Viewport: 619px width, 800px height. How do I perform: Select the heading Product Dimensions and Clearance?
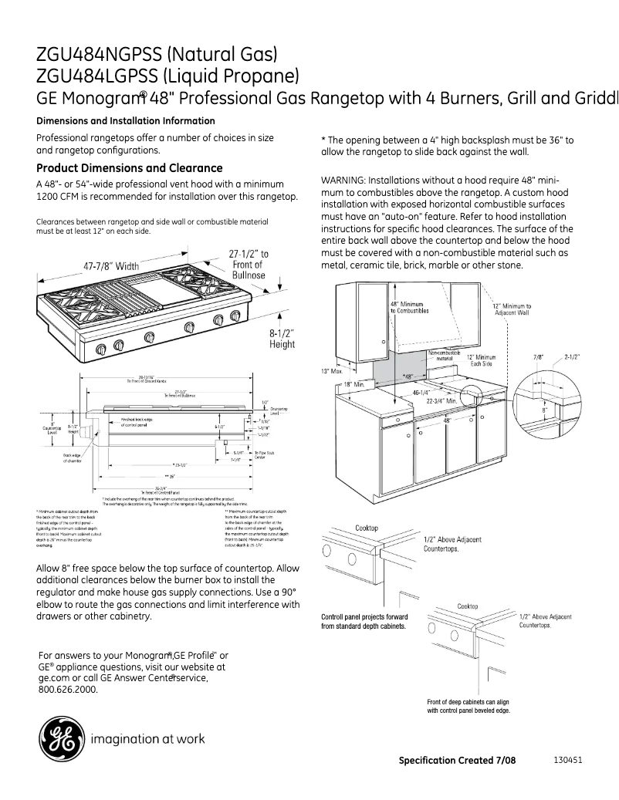[x=130, y=168]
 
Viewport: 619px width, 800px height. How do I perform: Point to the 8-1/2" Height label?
[x=282, y=339]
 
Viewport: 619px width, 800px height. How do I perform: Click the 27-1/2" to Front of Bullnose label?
[x=249, y=264]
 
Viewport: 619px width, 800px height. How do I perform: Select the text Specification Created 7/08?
[x=457, y=760]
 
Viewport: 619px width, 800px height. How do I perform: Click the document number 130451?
[x=567, y=759]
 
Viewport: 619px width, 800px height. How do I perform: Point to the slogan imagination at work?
[x=148, y=739]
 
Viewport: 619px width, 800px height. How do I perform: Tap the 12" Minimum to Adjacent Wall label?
[x=511, y=309]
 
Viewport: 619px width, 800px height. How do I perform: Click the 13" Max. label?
[x=331, y=371]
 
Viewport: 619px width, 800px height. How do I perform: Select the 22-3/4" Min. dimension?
[x=442, y=401]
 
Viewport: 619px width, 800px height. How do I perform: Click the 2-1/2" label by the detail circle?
[x=572, y=357]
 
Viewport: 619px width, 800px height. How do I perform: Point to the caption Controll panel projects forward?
[x=364, y=617]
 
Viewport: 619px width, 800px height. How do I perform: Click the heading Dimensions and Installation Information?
[x=126, y=121]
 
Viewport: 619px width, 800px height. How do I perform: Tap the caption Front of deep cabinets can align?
[x=468, y=702]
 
